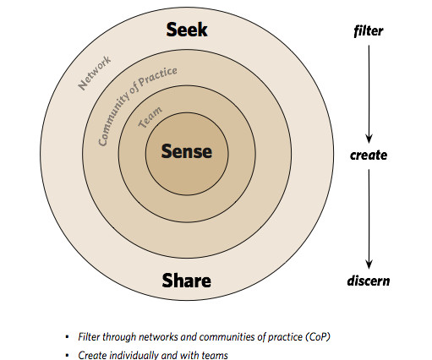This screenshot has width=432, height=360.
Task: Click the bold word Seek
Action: (x=187, y=30)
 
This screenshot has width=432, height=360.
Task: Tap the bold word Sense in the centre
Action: (x=187, y=151)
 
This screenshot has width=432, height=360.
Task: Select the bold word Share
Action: (x=187, y=281)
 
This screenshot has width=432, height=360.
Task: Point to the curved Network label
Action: (x=95, y=73)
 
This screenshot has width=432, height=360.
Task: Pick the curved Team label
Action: (x=150, y=117)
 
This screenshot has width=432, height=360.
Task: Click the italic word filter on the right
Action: (x=369, y=30)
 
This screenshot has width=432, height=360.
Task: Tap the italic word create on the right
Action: (x=369, y=155)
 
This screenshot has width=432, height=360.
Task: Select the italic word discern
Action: (x=369, y=281)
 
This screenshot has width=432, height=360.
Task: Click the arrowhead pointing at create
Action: (x=369, y=139)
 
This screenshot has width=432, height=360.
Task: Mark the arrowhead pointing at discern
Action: (x=369, y=265)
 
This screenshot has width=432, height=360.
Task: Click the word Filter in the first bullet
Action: (x=89, y=337)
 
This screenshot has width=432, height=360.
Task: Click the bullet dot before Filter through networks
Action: (x=67, y=337)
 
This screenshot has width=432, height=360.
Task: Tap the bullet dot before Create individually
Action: (x=67, y=355)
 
